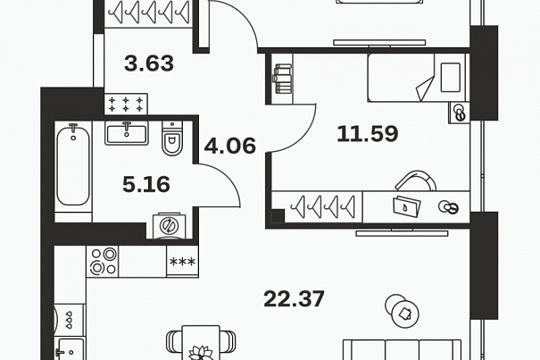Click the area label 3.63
149,63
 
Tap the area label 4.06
230,146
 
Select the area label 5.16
146,184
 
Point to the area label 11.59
368,134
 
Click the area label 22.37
294,299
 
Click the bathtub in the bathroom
73,165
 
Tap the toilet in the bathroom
172,138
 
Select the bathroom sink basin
127,133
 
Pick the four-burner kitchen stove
103,261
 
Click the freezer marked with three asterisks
182,262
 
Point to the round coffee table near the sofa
402,311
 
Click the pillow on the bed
451,78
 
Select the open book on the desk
407,207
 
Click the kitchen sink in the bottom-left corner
71,349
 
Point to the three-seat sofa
402,349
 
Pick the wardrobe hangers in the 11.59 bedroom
323,207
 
